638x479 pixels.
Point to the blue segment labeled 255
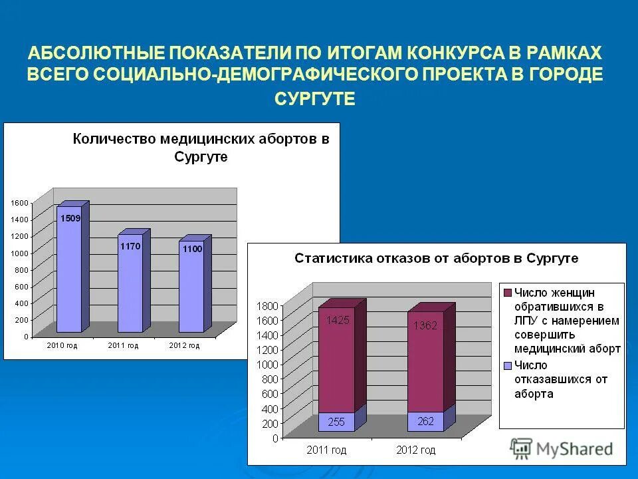pyautogui.click(x=336, y=422)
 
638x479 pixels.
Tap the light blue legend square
pyautogui.click(x=508, y=365)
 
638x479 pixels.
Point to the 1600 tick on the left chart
pyautogui.click(x=19, y=202)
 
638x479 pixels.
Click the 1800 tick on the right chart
pyautogui.click(x=267, y=306)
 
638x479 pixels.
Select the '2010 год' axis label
pyautogui.click(x=63, y=345)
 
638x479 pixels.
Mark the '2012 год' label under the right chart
pyautogui.click(x=415, y=450)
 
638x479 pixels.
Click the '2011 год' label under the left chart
pyautogui.click(x=124, y=345)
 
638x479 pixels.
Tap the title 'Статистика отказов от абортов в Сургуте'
pyautogui.click(x=436, y=258)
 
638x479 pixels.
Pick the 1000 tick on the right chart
pyautogui.click(x=267, y=365)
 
